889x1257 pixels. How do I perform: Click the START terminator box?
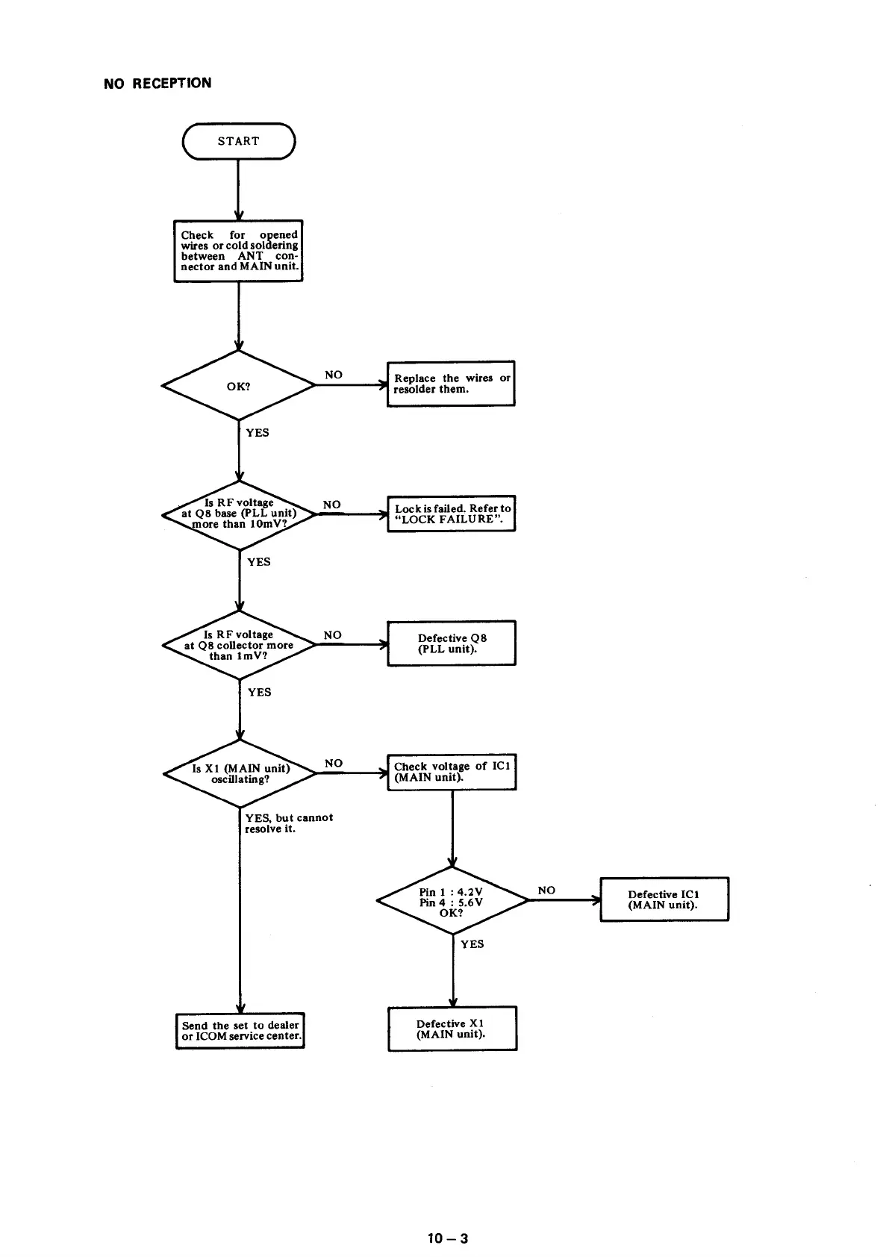pos(239,141)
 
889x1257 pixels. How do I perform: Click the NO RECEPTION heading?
pos(157,83)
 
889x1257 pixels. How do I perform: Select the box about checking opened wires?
pos(239,251)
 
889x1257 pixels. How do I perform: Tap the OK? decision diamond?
pos(239,386)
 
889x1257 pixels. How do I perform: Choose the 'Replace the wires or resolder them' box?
pos(451,384)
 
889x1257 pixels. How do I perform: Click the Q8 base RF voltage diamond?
pos(239,514)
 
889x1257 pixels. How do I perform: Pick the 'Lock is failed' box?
pos(452,514)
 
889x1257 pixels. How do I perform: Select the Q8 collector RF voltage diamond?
pos(239,645)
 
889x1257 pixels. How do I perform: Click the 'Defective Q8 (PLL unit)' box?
pos(452,643)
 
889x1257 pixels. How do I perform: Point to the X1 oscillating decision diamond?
pos(240,773)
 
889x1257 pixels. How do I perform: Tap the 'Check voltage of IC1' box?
pos(452,772)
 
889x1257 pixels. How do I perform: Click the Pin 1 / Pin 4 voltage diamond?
pos(452,901)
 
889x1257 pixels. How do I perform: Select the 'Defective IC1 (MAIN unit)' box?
pos(664,899)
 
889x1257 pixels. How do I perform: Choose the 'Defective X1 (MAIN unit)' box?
pos(452,1029)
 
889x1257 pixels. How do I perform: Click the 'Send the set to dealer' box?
pos(240,1031)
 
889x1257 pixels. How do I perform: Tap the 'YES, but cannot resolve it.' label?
pos(289,823)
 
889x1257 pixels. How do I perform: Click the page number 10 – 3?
pos(448,1238)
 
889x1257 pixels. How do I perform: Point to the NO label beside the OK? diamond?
pos(334,375)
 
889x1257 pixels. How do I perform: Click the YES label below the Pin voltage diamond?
pos(472,944)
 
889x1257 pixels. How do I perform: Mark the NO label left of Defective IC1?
pos(546,890)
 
